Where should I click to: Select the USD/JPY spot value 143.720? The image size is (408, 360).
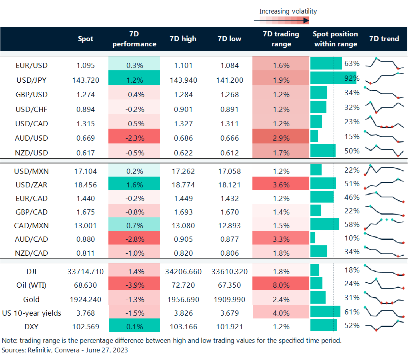coord(86,80)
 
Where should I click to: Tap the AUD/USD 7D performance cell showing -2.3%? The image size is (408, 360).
coord(134,138)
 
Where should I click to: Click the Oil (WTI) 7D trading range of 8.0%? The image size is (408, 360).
coord(281,286)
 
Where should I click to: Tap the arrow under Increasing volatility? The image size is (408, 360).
coord(282,20)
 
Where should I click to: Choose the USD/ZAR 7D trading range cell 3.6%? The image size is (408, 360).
coord(281,185)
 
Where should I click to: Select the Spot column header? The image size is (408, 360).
coord(86,39)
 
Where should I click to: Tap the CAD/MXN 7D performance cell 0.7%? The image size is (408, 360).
coord(134,225)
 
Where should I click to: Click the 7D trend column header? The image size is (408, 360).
coord(384,39)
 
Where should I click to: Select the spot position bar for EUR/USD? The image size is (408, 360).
coord(326,64)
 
